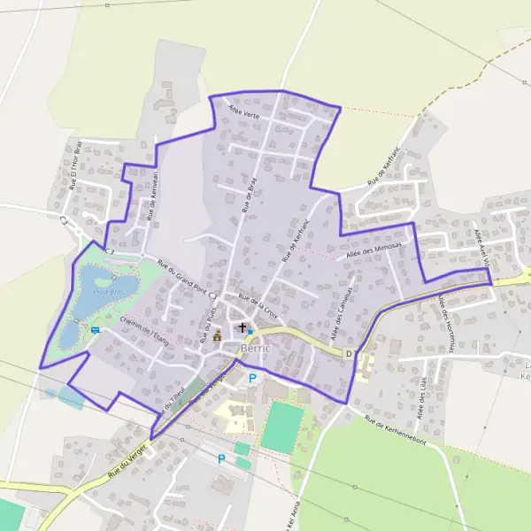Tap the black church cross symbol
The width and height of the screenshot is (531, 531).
point(242,328)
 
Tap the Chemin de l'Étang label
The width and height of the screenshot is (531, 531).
point(143,330)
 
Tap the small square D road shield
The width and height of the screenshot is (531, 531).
point(350,354)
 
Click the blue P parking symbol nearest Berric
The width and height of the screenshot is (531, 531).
point(253,379)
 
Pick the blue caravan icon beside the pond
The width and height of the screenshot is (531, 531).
point(95,330)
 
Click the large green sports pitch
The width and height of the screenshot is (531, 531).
point(282,424)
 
